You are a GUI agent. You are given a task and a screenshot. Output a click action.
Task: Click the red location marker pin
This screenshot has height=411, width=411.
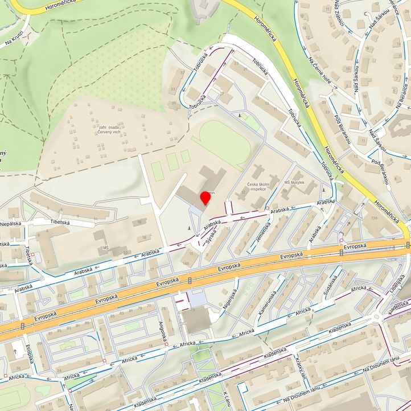pyautogui.click(x=205, y=199)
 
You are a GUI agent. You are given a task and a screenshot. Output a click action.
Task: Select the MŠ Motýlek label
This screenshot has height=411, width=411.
pyautogui.click(x=294, y=183)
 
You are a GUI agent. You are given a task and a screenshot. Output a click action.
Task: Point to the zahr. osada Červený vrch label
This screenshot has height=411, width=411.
pyautogui.click(x=109, y=129)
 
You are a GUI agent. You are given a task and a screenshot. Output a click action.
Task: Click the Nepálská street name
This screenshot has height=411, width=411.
pyautogui.click(x=10, y=224)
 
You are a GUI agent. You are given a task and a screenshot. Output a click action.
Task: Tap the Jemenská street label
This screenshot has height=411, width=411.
pyautogui.click(x=262, y=233)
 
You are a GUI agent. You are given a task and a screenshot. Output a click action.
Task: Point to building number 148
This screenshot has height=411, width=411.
pyautogui.click(x=187, y=262)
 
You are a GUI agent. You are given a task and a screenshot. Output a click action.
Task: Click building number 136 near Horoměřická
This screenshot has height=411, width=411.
pyautogui.click(x=373, y=217)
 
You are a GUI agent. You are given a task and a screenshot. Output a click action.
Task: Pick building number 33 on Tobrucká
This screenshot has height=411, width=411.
pyautogui.click(x=172, y=89)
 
